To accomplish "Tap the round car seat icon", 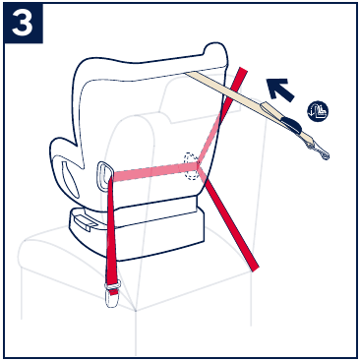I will [317, 111].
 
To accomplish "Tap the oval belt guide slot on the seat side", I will [104, 174].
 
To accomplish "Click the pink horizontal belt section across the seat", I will [152, 172].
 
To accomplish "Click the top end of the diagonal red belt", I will [242, 76].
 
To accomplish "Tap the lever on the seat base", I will [87, 222].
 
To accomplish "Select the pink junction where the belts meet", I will [201, 169].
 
